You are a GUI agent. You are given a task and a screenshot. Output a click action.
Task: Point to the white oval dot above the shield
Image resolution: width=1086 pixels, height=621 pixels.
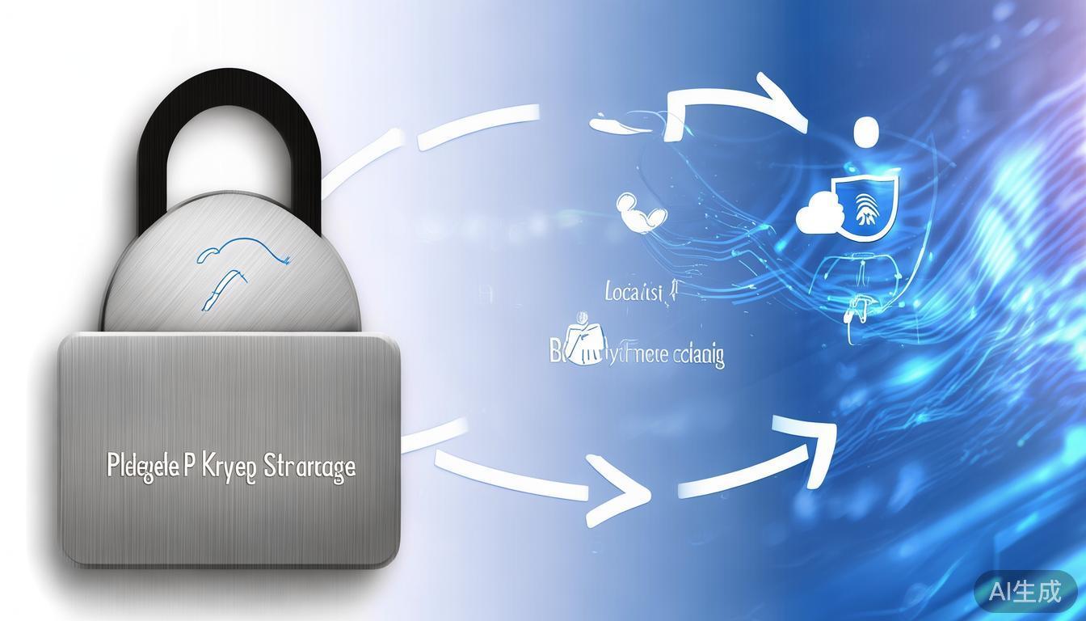865,130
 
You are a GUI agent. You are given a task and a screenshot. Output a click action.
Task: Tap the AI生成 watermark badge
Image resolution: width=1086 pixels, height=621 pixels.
1025,591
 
